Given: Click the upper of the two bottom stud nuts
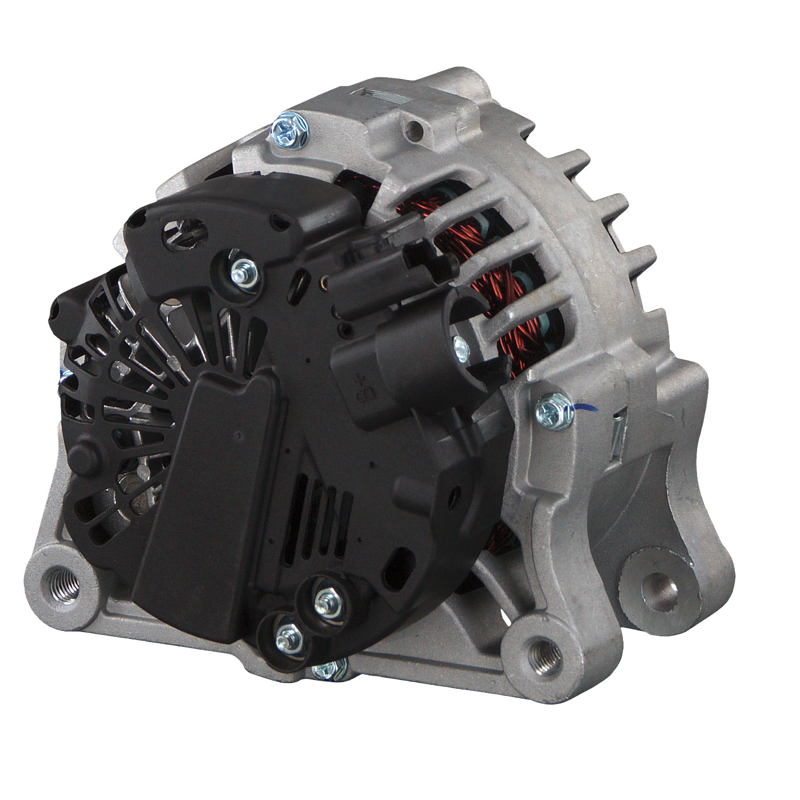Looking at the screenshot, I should [x=324, y=603].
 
